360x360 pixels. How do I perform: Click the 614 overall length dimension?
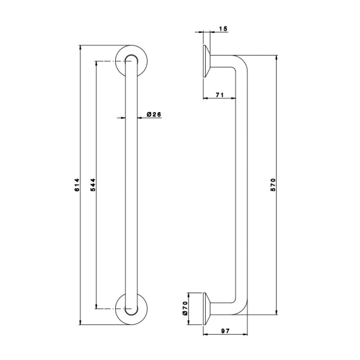pyautogui.click(x=77, y=185)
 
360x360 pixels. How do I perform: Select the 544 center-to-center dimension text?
pyautogui.click(x=94, y=185)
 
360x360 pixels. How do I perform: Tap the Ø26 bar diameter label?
pyautogui.click(x=154, y=114)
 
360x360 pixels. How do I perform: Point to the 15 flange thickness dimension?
pyautogui.click(x=223, y=28)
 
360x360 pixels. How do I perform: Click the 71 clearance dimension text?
pyautogui.click(x=220, y=94)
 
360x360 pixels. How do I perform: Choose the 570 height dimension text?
pyautogui.click(x=273, y=185)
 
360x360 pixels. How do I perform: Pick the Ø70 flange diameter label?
pyautogui.click(x=185, y=308)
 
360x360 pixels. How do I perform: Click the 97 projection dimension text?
pyautogui.click(x=225, y=331)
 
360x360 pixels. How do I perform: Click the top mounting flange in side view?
pyautogui.click(x=207, y=61)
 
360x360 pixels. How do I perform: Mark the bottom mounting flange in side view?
pyautogui.click(x=207, y=309)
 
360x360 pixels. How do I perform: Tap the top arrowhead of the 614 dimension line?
pyautogui.click(x=80, y=47)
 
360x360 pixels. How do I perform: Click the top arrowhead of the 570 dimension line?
pyautogui.click(x=277, y=58)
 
